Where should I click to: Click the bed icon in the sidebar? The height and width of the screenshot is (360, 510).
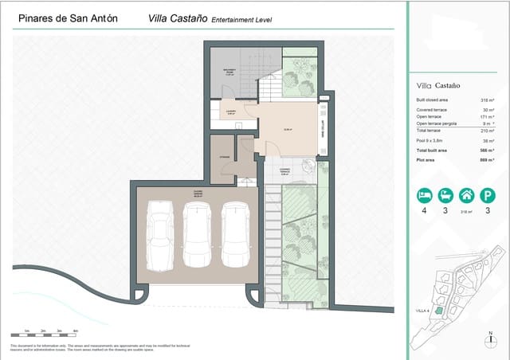point(424,195)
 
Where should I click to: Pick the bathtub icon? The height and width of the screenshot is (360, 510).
point(445,195)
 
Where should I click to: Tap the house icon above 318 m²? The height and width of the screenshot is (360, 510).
point(468,195)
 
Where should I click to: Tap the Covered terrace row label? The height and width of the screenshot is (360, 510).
point(432,109)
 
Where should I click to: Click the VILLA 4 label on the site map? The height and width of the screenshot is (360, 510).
point(422,310)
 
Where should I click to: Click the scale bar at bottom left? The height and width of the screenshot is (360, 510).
point(44,333)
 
